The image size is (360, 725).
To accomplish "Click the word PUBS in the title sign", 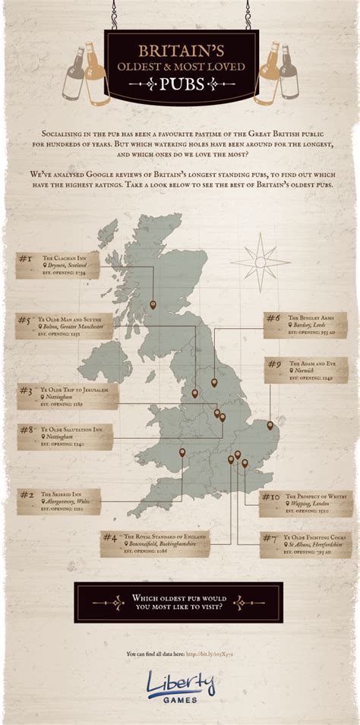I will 180,84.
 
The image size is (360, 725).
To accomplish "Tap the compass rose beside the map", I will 261,262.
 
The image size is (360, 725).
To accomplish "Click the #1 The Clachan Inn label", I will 58,265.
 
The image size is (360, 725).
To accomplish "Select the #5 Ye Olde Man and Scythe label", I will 65,326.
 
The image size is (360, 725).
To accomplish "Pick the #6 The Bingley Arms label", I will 305,325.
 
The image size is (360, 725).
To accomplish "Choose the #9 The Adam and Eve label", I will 306,370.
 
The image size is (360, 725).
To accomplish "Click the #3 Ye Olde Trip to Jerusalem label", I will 68,396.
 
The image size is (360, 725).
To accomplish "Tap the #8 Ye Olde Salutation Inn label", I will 65,437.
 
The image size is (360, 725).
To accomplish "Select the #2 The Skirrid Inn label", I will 58,501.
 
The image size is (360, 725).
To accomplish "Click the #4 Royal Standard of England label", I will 155,544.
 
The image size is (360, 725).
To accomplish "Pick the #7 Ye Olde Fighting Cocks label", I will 305,544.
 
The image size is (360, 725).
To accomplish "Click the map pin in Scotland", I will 153,304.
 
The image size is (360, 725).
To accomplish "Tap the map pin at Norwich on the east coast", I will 270,425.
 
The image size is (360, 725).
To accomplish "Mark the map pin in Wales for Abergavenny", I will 182,453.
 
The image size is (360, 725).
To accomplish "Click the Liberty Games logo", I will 180,685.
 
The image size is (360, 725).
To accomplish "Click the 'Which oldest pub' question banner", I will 179,603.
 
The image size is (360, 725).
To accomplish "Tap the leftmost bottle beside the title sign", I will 73,74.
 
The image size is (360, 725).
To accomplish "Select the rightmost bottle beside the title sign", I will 289,74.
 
